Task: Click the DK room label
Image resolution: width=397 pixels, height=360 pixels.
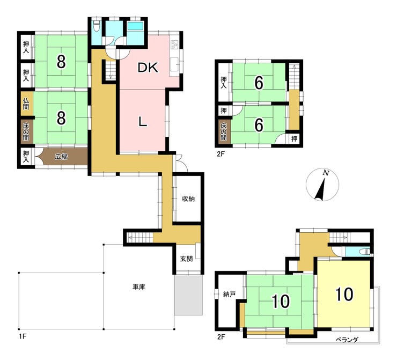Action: click(x=148, y=68)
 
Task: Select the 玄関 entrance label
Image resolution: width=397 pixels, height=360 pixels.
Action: click(x=187, y=259)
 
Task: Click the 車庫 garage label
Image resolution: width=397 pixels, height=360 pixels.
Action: click(x=139, y=287)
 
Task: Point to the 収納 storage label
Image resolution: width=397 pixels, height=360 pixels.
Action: click(x=188, y=199)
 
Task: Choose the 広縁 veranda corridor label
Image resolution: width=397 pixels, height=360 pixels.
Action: click(x=62, y=157)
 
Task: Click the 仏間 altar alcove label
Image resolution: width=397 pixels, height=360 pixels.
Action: click(x=26, y=104)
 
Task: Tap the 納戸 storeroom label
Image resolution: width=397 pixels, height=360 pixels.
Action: click(x=230, y=294)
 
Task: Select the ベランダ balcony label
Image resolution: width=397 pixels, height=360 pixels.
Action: click(x=347, y=340)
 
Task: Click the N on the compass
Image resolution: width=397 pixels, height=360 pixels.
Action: click(x=326, y=173)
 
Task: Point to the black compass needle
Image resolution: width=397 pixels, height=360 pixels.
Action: click(x=321, y=189)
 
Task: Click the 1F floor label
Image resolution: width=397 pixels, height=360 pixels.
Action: click(x=23, y=336)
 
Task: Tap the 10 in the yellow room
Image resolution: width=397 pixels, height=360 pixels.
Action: click(x=344, y=294)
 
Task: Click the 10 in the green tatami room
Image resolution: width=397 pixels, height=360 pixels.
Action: click(x=281, y=302)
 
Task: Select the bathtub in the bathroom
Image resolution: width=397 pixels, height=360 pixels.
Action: click(x=135, y=26)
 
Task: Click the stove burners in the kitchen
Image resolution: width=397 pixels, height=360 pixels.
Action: click(x=174, y=45)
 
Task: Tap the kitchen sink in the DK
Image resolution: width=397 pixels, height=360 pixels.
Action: click(x=174, y=65)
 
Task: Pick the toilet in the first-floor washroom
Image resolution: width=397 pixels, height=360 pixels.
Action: click(x=96, y=26)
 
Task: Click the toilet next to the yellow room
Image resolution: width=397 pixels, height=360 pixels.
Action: click(x=365, y=252)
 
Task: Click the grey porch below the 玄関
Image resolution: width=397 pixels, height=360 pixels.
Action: click(x=188, y=295)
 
